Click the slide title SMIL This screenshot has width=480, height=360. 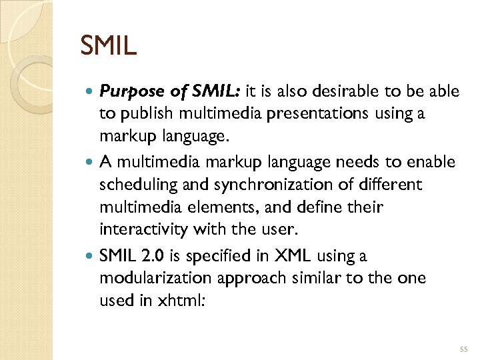tap(108, 45)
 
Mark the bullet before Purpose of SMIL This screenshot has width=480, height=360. tap(89, 91)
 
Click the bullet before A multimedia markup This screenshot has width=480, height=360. tap(89, 162)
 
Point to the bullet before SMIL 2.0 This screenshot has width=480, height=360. tap(89, 257)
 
